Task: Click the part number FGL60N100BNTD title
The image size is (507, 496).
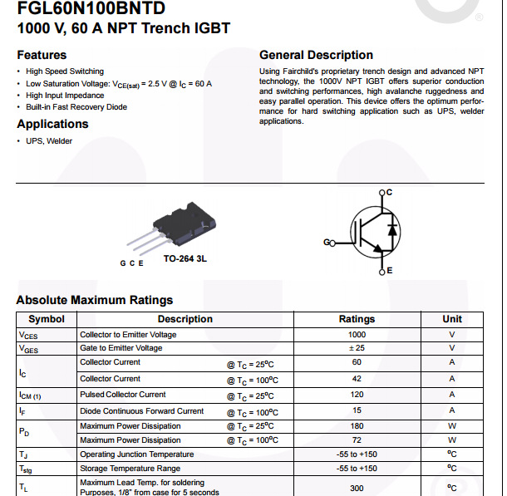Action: pyautogui.click(x=91, y=9)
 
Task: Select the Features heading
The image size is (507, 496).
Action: pyautogui.click(x=42, y=55)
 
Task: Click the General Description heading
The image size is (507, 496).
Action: pyautogui.click(x=316, y=55)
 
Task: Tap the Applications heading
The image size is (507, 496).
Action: pyautogui.click(x=52, y=124)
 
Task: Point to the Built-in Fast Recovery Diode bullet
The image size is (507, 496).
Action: pyautogui.click(x=76, y=107)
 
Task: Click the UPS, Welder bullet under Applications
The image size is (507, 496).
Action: pyautogui.click(x=49, y=141)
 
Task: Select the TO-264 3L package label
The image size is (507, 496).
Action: pyautogui.click(x=185, y=259)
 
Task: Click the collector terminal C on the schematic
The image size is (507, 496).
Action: pyautogui.click(x=387, y=192)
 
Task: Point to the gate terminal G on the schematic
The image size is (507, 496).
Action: pyautogui.click(x=327, y=243)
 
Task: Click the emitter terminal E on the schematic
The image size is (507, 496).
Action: pyautogui.click(x=388, y=271)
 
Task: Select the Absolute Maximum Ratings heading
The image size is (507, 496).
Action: pyautogui.click(x=95, y=300)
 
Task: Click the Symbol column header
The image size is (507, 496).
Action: pyautogui.click(x=47, y=319)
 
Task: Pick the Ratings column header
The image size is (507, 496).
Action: pyautogui.click(x=357, y=319)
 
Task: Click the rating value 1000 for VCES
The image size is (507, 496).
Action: pyautogui.click(x=357, y=335)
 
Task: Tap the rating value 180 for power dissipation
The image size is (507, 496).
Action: pyautogui.click(x=357, y=426)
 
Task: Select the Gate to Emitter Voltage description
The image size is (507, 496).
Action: pyautogui.click(x=121, y=348)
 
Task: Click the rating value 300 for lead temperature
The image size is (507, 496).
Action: pyautogui.click(x=357, y=488)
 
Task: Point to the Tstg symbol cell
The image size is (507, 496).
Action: pyautogui.click(x=28, y=469)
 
